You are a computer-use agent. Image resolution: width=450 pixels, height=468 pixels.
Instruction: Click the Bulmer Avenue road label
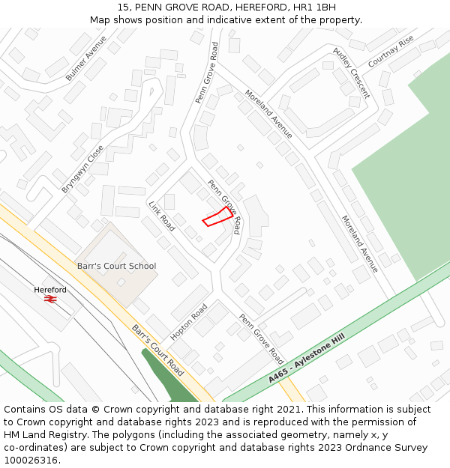[86, 58]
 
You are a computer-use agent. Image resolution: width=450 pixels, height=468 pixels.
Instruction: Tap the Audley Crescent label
[351, 73]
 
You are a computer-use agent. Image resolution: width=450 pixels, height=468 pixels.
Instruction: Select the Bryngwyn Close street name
[82, 168]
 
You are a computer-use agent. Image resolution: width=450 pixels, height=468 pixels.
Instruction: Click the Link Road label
[161, 216]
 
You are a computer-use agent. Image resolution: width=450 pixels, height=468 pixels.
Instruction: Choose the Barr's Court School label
[117, 266]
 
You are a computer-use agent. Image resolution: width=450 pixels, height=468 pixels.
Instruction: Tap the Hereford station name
[50, 290]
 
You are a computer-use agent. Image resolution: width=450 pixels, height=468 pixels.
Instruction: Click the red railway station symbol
[50, 300]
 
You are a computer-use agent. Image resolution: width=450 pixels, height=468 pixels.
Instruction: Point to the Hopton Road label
[188, 322]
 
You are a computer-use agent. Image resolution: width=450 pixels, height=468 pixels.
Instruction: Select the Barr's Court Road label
[157, 350]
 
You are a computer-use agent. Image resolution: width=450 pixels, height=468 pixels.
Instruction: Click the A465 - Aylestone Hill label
[306, 360]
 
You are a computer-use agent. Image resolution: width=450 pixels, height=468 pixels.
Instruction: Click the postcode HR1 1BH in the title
[314, 7]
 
